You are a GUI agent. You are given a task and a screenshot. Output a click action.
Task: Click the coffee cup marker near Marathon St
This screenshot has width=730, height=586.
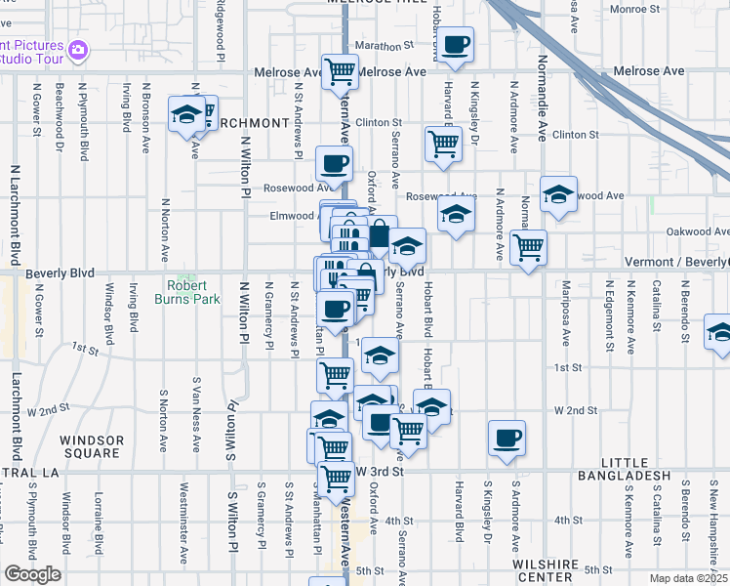point(455,44)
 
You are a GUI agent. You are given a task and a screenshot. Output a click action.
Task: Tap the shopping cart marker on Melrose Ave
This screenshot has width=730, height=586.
point(340,70)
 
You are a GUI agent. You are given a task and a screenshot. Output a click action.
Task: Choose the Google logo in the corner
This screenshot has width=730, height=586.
point(31,574)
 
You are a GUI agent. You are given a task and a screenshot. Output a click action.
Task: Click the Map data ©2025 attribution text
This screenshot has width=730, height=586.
point(687,578)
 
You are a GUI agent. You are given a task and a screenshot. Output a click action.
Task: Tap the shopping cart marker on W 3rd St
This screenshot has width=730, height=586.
point(336,478)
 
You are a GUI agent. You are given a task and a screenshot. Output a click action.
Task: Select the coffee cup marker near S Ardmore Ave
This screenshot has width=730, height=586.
point(507,438)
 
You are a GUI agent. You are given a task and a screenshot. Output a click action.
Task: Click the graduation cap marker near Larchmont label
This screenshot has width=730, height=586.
point(184,114)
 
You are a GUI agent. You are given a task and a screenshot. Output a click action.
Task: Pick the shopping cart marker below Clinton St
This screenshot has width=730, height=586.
point(443,144)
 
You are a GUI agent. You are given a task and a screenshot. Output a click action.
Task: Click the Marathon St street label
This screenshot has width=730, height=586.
point(380,45)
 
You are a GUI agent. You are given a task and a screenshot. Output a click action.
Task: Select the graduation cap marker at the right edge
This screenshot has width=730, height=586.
point(720,332)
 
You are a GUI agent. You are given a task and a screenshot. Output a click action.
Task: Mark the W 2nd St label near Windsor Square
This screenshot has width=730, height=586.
point(49,410)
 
